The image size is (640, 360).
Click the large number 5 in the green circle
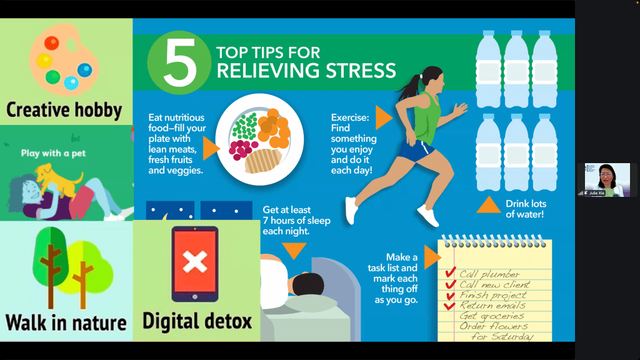click(x=179, y=62)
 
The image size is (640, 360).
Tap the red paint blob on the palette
click(x=52, y=43)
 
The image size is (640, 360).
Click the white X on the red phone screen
click(x=195, y=262)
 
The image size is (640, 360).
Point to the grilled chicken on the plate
click(x=263, y=161)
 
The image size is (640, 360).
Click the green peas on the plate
click(x=244, y=126)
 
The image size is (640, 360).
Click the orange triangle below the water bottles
click(x=489, y=205)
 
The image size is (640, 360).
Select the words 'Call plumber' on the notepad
click(x=489, y=274)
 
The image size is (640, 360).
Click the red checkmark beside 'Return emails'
click(x=449, y=305)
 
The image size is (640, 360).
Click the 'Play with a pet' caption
click(x=54, y=154)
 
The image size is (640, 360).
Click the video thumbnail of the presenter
click(x=607, y=180)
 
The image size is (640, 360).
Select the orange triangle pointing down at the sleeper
click(x=294, y=251)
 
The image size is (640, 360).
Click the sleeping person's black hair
click(x=308, y=284)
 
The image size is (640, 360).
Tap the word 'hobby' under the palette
click(x=98, y=110)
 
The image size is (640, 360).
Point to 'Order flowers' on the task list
click(x=494, y=326)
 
